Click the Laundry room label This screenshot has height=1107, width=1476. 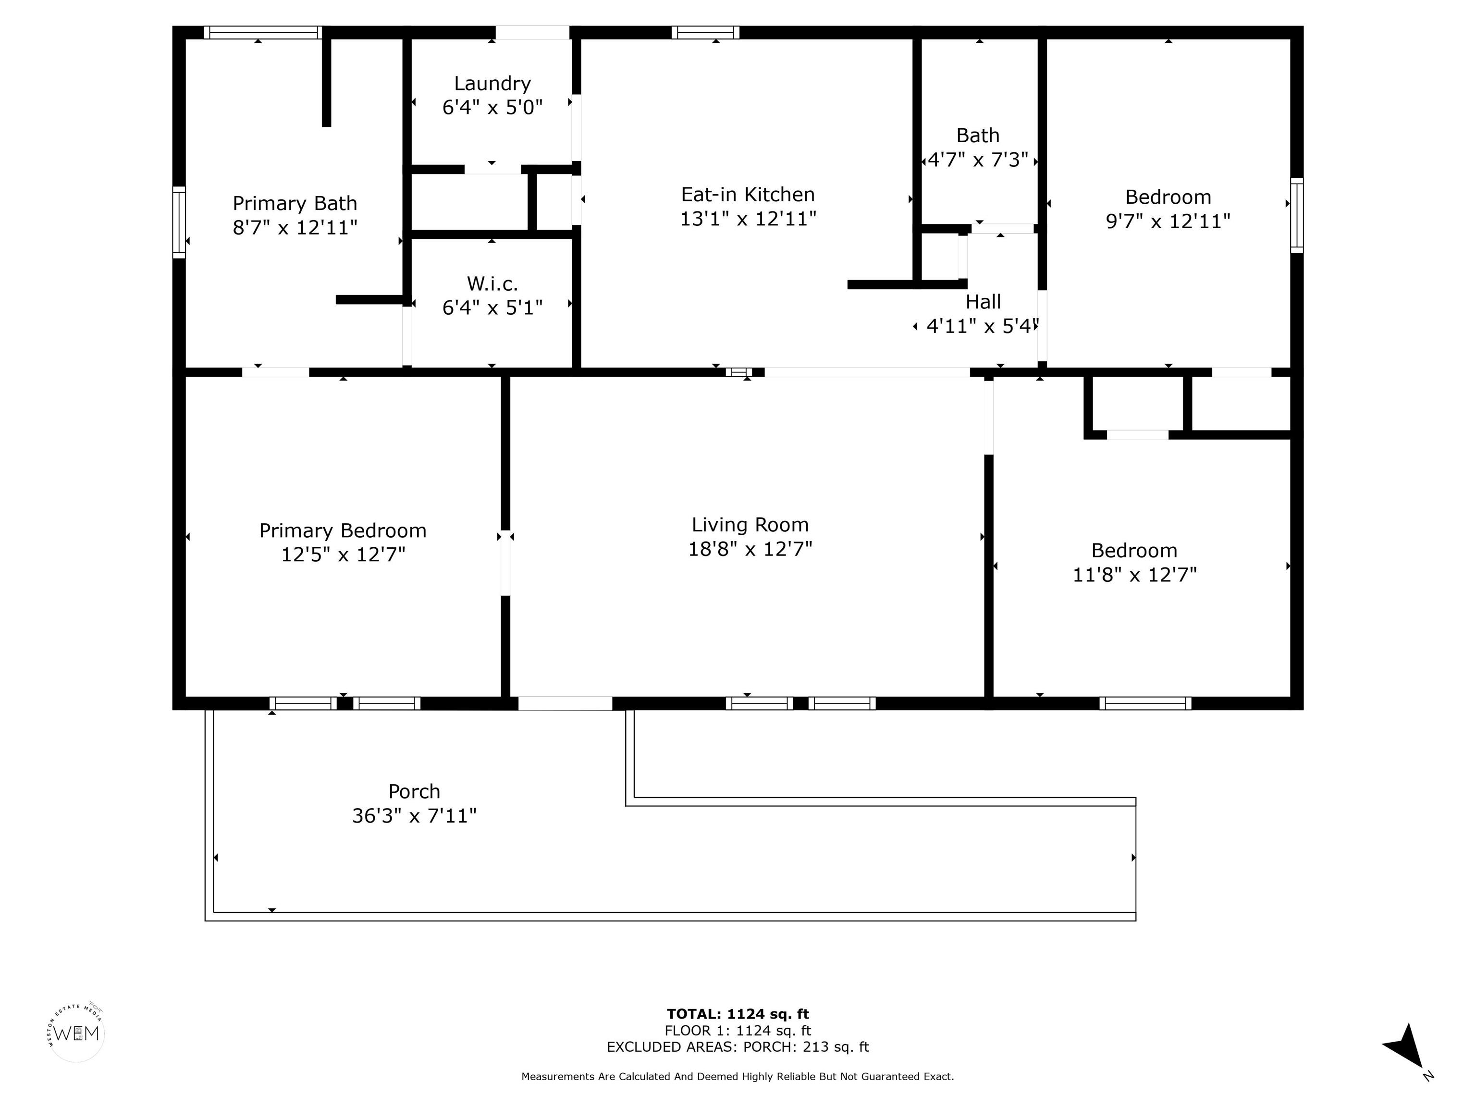(492, 84)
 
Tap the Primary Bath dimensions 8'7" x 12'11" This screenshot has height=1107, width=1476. (295, 228)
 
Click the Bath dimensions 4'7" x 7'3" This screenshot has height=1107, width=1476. (978, 160)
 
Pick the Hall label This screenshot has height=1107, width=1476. (984, 302)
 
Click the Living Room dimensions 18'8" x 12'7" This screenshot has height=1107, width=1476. (750, 549)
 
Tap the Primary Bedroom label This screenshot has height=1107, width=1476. (343, 530)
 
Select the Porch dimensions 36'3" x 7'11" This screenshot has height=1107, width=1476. (414, 815)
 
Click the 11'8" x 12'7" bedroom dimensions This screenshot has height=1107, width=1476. (1134, 575)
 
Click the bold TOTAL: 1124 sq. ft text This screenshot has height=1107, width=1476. (738, 1014)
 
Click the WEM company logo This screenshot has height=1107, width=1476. (77, 1033)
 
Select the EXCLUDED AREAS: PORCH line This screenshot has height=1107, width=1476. (738, 1047)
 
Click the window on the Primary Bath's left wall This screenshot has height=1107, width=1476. (179, 222)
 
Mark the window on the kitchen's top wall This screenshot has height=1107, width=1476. (705, 32)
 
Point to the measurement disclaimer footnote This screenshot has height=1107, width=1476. (738, 1076)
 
